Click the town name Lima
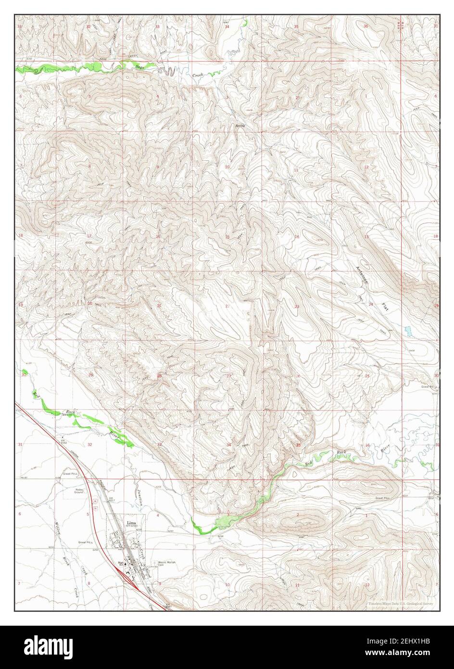point(130,522)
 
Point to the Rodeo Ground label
point(79,491)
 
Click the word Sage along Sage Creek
point(140,67)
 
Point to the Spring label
point(240,126)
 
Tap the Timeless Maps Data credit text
point(401,603)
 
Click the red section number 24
point(371,305)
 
